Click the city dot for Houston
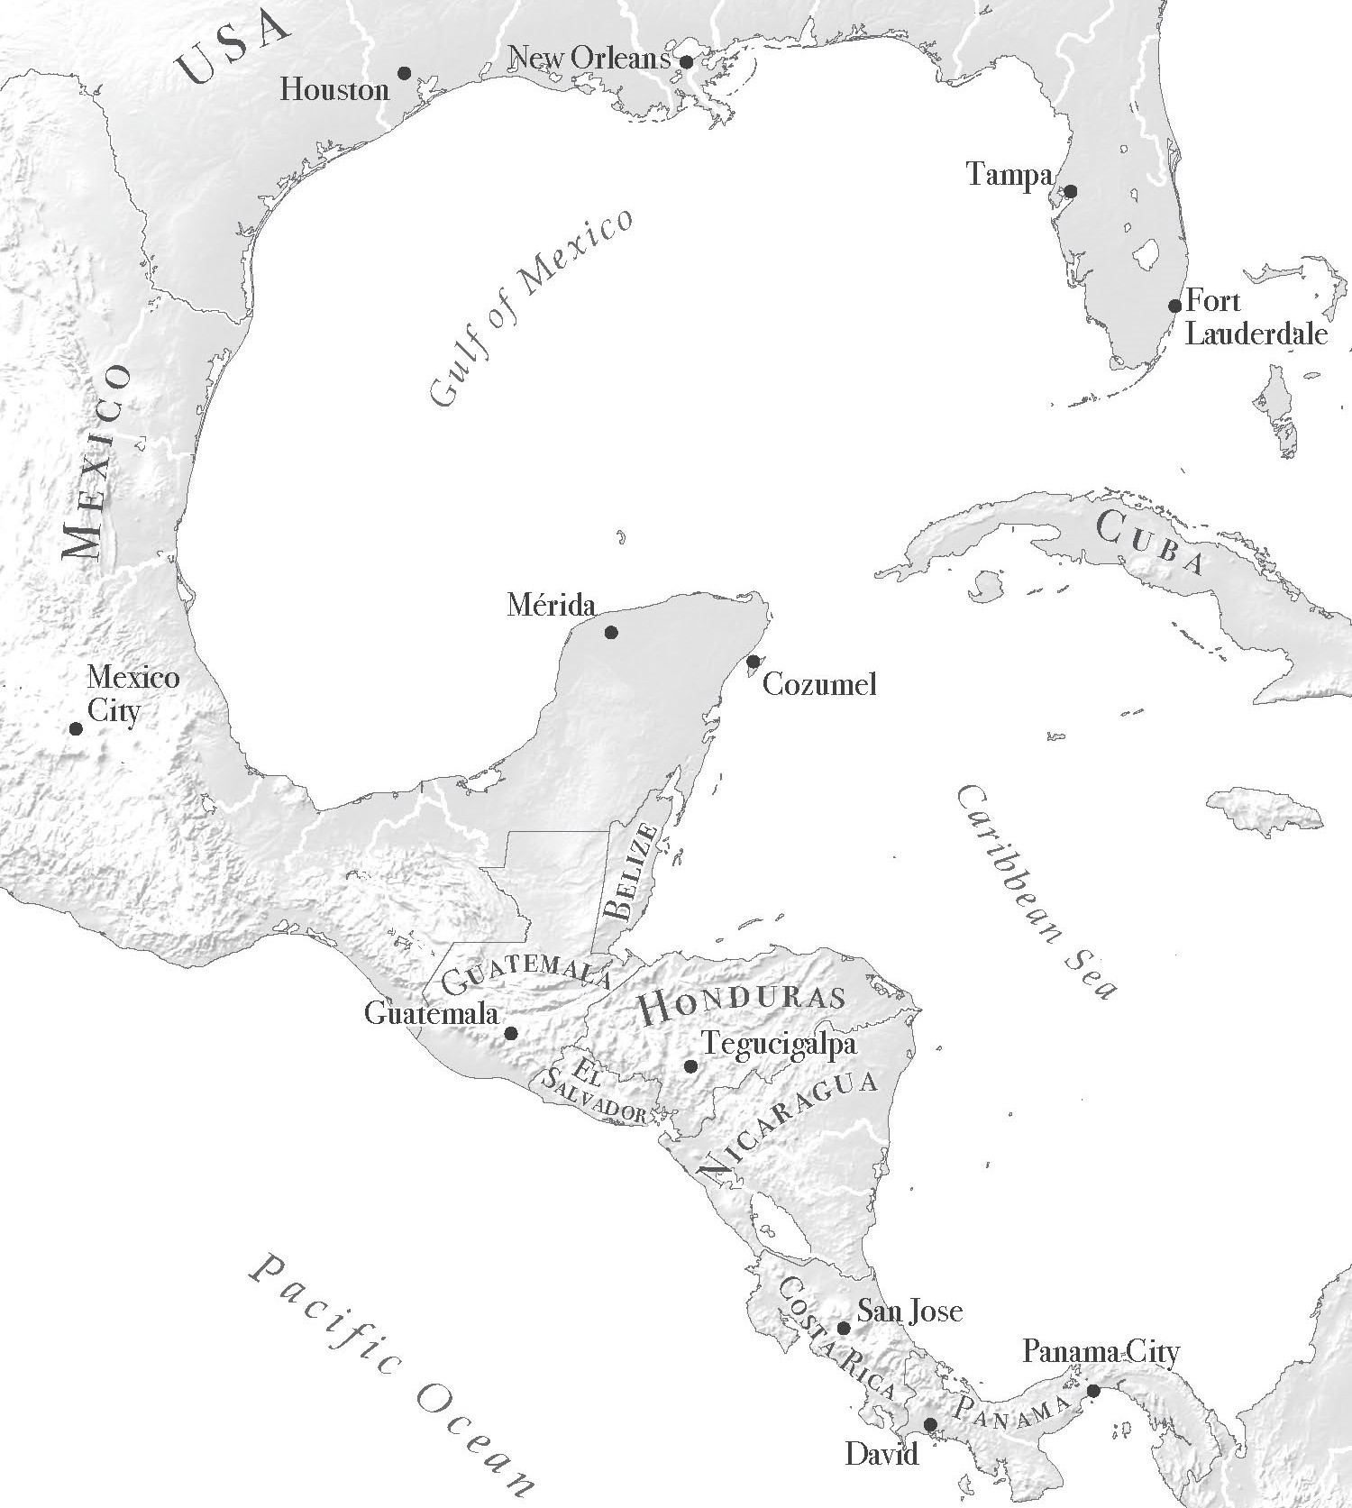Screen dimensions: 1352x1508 coord(405,72)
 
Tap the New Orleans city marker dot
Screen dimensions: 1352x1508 coord(686,62)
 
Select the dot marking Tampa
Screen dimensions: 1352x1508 coord(1071,191)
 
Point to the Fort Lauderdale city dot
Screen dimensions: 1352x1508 coord(1175,306)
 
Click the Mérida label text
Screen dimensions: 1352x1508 coord(552,604)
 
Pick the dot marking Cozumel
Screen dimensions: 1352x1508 coord(754,662)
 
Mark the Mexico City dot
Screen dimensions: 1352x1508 coord(77,728)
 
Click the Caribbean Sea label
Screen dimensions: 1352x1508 coord(1037,891)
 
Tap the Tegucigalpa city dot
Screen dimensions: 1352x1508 coord(690,1066)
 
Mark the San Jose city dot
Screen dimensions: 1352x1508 coord(844,1328)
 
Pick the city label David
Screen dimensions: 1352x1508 coord(882,1453)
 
